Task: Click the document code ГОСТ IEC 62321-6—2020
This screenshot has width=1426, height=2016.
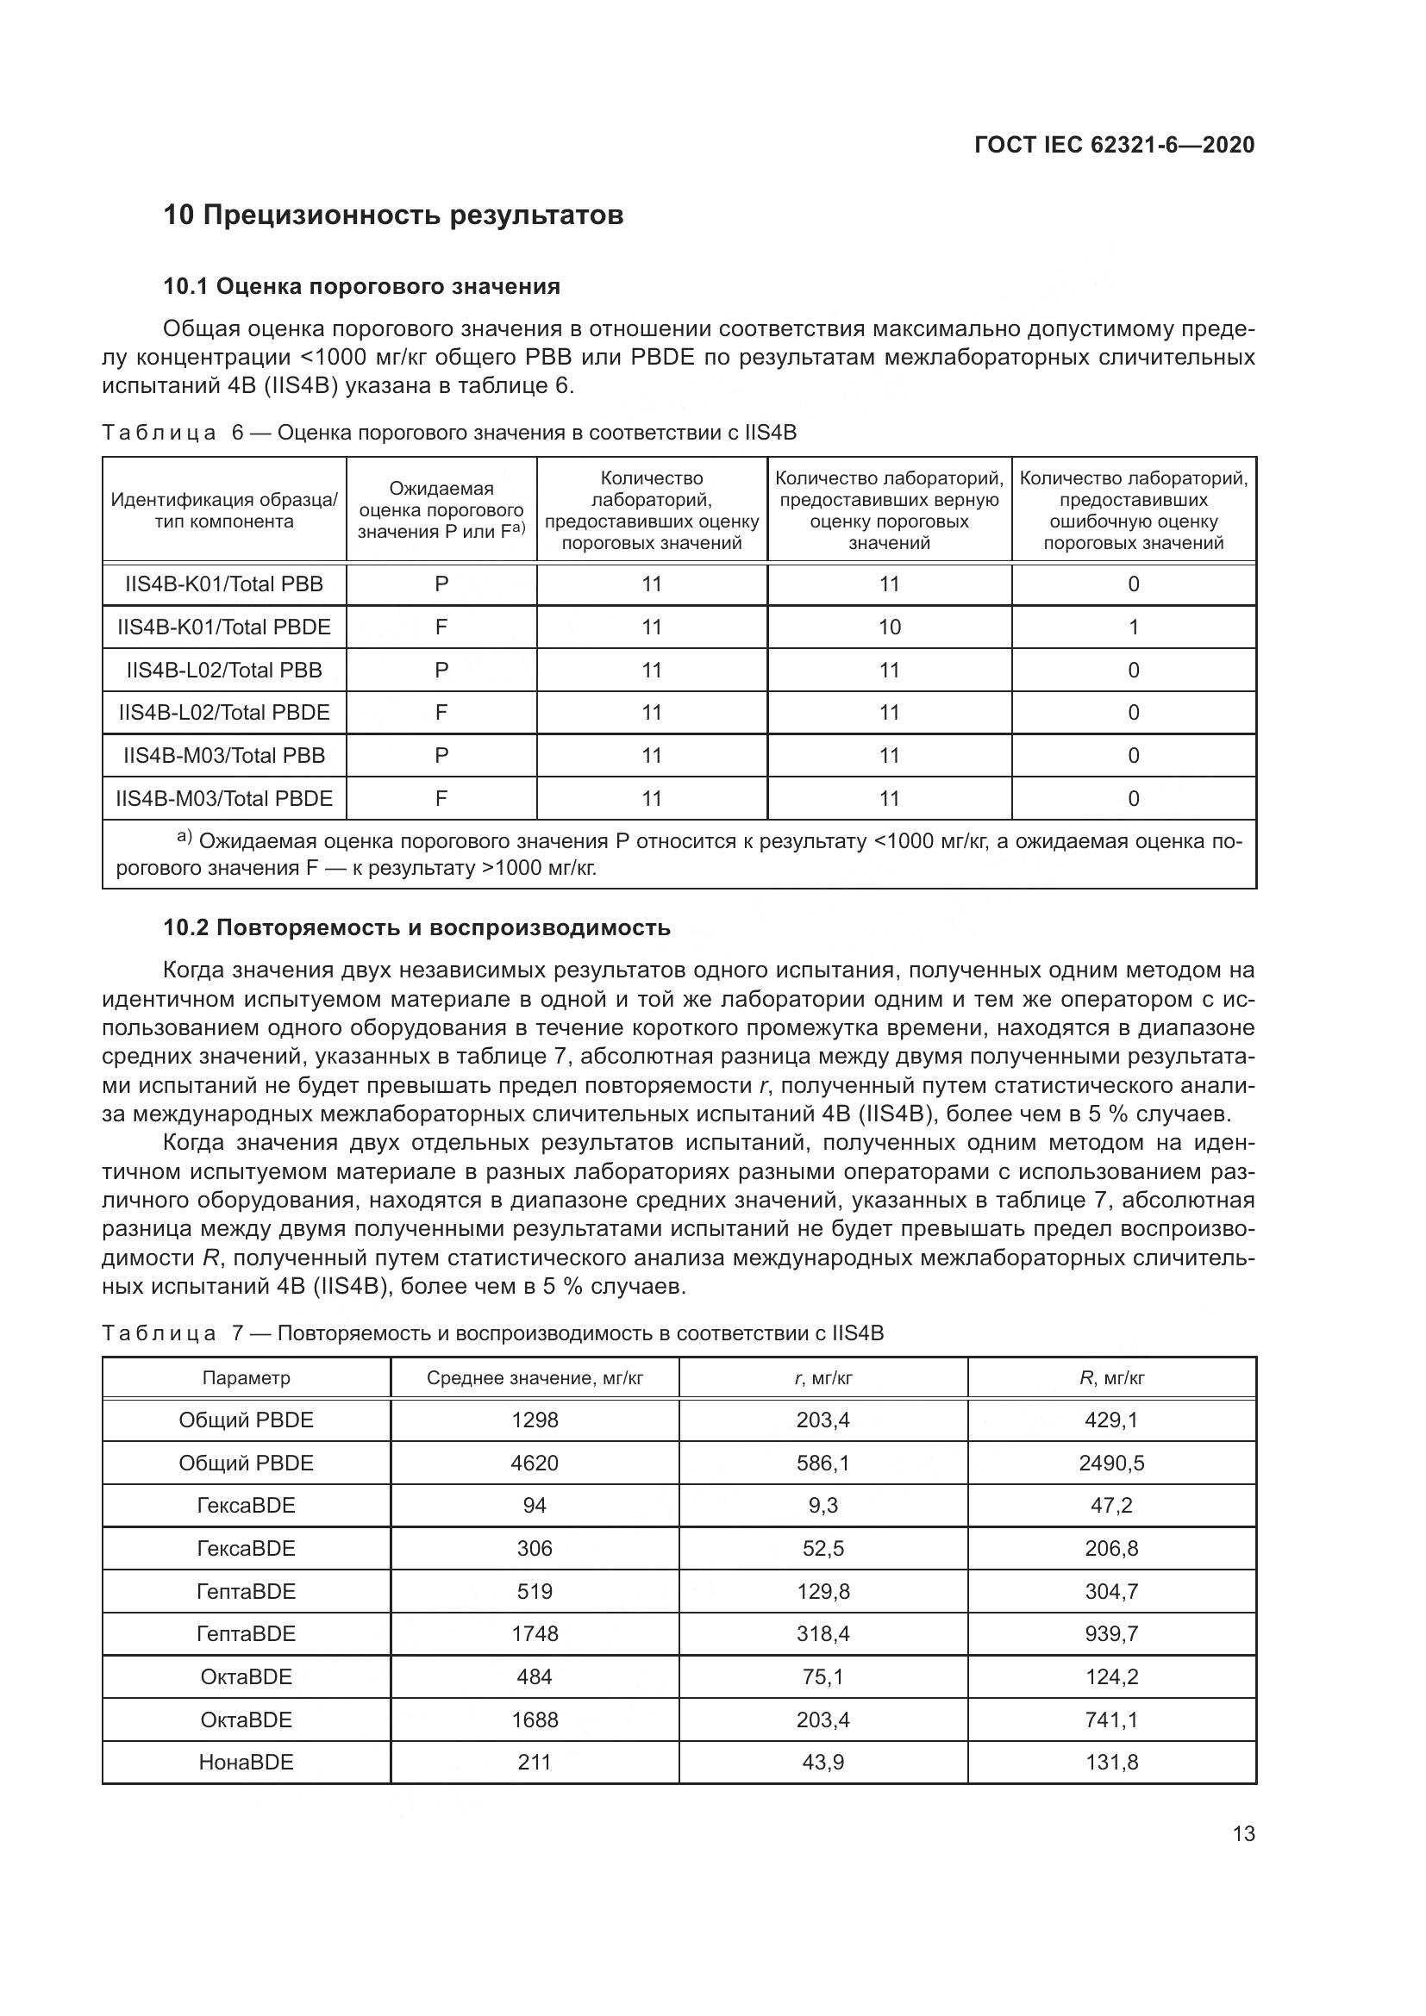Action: click(x=1113, y=145)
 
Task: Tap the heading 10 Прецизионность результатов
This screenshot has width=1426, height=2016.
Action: click(x=392, y=215)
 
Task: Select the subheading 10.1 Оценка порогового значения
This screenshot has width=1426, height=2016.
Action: click(x=361, y=286)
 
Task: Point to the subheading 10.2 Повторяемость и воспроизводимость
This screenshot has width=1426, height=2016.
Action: click(x=416, y=927)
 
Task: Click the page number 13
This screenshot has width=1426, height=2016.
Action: click(x=1243, y=1833)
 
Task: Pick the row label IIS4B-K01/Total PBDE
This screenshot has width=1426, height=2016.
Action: click(x=224, y=627)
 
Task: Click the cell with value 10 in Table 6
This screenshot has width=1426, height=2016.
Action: click(x=889, y=627)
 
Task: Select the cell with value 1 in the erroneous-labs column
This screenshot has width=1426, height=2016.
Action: click(x=1133, y=627)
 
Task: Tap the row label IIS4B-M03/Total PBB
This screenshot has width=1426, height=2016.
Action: click(x=224, y=755)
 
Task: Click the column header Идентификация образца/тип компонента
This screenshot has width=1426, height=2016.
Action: click(x=224, y=510)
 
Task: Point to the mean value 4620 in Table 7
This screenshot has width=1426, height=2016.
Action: click(x=534, y=1463)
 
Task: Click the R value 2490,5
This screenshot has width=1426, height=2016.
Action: click(x=1110, y=1463)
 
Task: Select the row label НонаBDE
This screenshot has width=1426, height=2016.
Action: click(x=246, y=1763)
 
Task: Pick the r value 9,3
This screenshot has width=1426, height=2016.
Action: click(x=822, y=1505)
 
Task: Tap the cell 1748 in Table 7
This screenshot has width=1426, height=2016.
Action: click(x=534, y=1633)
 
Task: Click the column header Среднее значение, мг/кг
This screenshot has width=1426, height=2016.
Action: click(x=534, y=1377)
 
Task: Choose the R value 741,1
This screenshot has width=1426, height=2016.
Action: click(x=1110, y=1720)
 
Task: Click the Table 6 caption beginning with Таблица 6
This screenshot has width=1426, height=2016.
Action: click(x=448, y=432)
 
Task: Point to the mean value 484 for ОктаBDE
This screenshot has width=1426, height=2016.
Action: click(x=534, y=1676)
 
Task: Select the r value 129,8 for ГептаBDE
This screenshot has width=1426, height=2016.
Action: click(x=822, y=1591)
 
